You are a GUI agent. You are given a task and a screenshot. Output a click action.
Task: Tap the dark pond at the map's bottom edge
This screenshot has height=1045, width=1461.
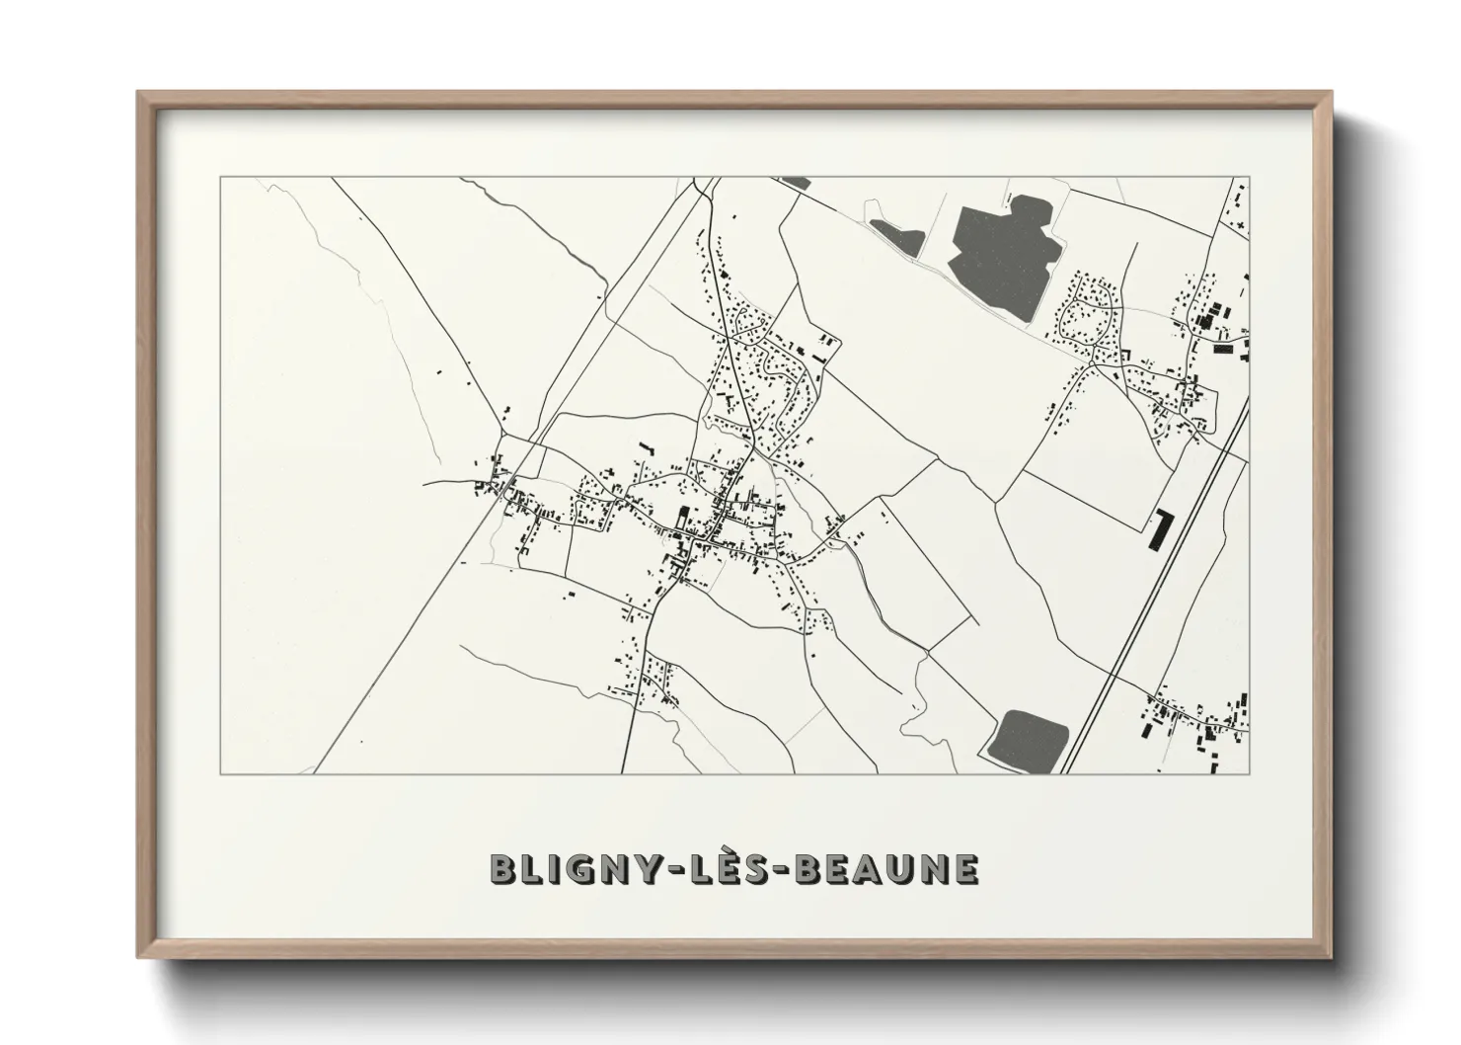(1029, 737)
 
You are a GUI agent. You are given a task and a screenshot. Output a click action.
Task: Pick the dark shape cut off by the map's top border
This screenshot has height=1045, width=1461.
(794, 182)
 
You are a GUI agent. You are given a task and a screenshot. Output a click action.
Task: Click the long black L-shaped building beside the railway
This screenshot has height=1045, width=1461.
(1157, 528)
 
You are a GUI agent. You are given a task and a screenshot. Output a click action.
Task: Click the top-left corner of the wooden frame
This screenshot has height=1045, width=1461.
(139, 94)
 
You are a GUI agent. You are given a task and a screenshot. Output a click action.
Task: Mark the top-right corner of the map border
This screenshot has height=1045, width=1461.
(1250, 178)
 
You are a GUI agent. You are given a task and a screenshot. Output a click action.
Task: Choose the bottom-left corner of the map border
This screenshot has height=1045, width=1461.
(220, 773)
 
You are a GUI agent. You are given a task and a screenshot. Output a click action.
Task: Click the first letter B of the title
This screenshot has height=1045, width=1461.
(502, 869)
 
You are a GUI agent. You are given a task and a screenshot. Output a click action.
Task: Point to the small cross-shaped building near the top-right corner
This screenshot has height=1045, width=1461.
(1241, 226)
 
